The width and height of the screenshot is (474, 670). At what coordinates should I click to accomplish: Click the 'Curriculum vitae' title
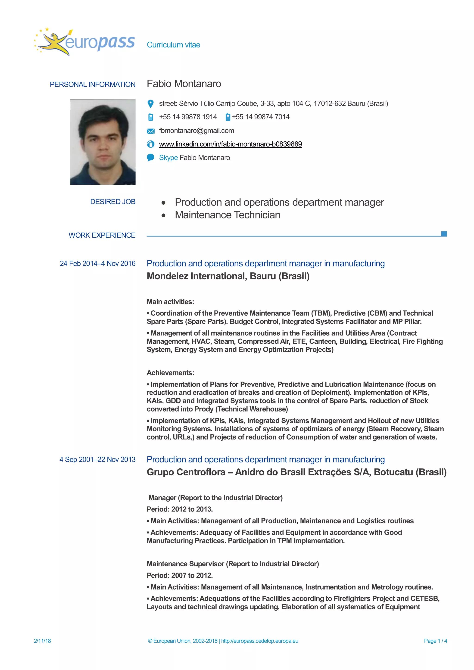pos(173,45)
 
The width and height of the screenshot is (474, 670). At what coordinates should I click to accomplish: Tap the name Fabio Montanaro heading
pos(184,84)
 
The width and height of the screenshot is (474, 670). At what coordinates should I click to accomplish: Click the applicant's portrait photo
pos(103,142)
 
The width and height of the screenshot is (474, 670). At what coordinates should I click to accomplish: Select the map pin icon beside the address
pos(151,104)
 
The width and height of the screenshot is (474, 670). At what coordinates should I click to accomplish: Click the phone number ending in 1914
pos(188,117)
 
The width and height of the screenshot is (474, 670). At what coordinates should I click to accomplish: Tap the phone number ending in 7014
pos(261,117)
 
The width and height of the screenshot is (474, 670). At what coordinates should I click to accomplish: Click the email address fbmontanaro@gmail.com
pos(196,131)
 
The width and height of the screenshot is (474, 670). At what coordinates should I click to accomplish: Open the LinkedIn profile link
pos(230,144)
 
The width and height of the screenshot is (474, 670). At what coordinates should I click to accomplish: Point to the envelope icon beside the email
pos(151,131)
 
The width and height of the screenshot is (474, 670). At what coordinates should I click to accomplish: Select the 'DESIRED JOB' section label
pos(113,202)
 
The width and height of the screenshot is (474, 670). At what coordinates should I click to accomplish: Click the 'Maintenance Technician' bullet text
pos(227,215)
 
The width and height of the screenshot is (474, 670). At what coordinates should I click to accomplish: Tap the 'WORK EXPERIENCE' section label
pos(102,235)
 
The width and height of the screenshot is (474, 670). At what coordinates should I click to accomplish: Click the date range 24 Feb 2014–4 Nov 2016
pos(97,264)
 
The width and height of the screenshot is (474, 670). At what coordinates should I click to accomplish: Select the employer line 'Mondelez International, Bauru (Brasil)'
pos(228,276)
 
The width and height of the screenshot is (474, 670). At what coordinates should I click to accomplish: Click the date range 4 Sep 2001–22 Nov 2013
pos(97,460)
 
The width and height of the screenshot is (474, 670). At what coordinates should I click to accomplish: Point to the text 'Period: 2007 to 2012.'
pos(180,575)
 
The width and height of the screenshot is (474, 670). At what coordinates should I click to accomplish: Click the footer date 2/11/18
pos(42,641)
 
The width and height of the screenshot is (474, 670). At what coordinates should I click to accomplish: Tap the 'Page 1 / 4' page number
pos(435,641)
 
